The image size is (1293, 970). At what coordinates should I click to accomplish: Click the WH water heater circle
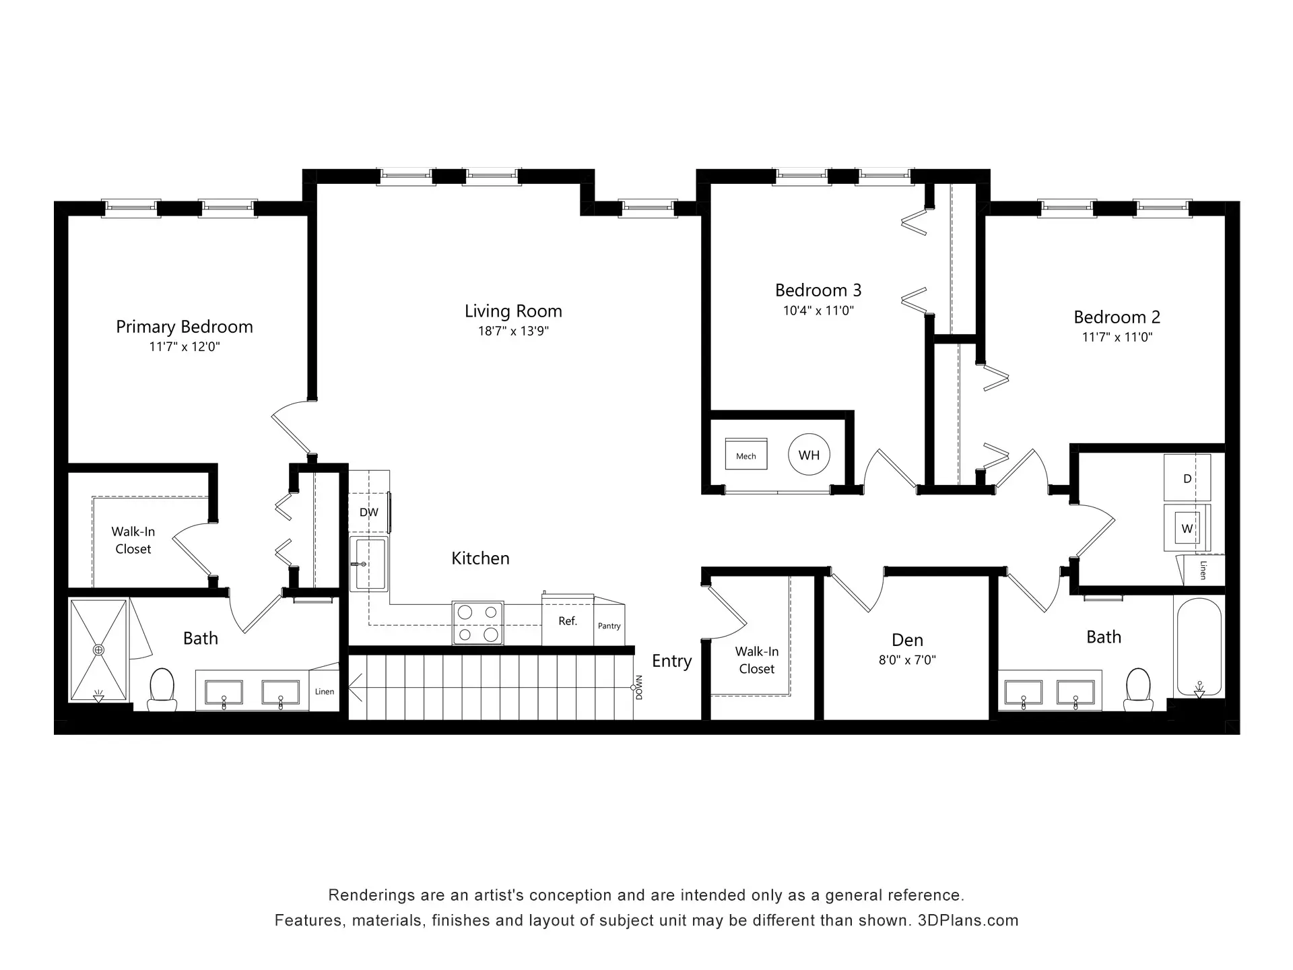tap(809, 455)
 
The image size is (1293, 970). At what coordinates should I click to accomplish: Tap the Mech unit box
tap(746, 454)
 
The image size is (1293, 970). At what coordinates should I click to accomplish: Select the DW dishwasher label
tap(369, 513)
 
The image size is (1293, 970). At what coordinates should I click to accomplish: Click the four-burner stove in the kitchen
tap(478, 623)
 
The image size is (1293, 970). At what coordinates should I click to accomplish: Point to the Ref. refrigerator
tap(568, 620)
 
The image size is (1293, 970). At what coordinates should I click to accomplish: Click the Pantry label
tap(609, 626)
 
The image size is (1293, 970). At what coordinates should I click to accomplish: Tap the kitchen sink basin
tap(368, 564)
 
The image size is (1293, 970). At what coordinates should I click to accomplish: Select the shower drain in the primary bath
tap(99, 650)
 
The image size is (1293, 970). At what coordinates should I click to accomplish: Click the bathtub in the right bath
tap(1199, 647)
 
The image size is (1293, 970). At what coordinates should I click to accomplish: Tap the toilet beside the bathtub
tap(1138, 689)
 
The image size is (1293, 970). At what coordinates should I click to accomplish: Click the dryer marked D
tap(1187, 478)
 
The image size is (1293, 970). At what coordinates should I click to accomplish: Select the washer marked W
tap(1187, 528)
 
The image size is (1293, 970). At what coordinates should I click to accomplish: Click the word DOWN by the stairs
tap(639, 687)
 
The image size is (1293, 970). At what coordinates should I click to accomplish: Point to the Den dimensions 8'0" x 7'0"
tap(907, 660)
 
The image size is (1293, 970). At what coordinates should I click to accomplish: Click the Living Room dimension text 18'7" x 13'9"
tap(514, 331)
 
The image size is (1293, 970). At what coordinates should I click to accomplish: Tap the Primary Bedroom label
tap(185, 327)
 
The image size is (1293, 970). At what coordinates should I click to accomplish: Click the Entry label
tap(672, 661)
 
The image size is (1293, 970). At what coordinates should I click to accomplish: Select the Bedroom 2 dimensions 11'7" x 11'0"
tap(1117, 337)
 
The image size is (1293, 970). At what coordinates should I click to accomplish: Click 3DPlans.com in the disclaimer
tap(968, 921)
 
